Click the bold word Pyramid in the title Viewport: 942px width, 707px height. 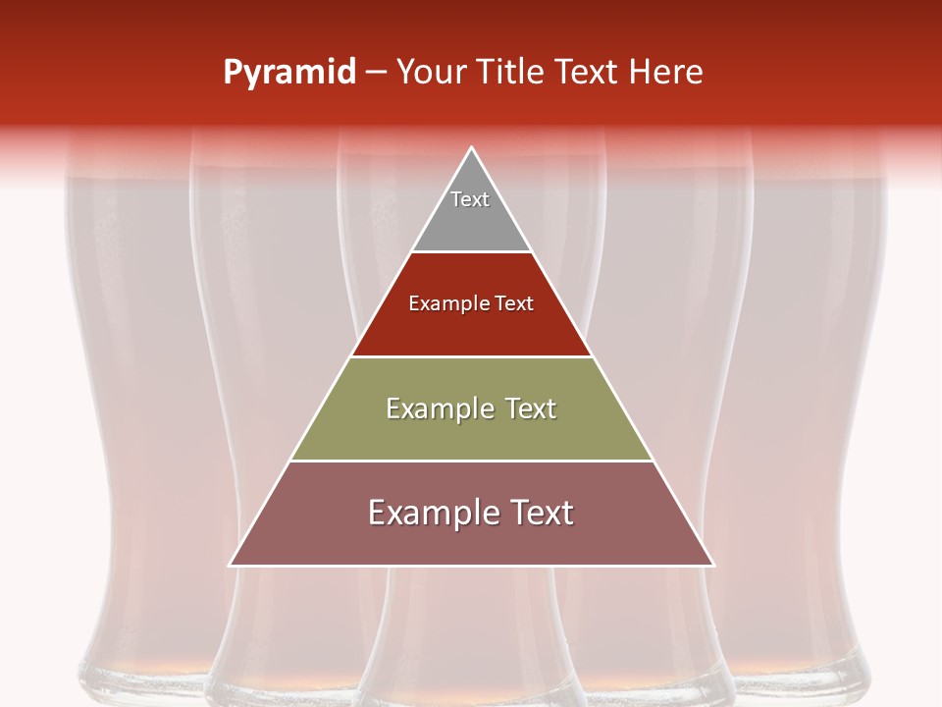(289, 73)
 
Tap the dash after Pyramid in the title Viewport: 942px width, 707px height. (376, 73)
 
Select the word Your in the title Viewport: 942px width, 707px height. (433, 73)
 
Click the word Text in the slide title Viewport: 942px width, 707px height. (589, 73)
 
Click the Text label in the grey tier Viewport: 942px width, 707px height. (470, 199)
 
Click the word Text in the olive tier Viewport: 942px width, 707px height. (531, 408)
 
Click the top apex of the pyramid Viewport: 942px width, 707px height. (472, 147)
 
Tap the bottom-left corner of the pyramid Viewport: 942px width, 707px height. (231, 565)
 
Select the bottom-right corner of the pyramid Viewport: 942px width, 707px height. (713, 565)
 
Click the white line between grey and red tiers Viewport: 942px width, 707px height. (472, 252)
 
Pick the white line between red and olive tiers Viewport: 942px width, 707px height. (472, 356)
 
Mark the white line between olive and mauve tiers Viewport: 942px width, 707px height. (472, 461)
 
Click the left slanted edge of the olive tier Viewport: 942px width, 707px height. (321, 408)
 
